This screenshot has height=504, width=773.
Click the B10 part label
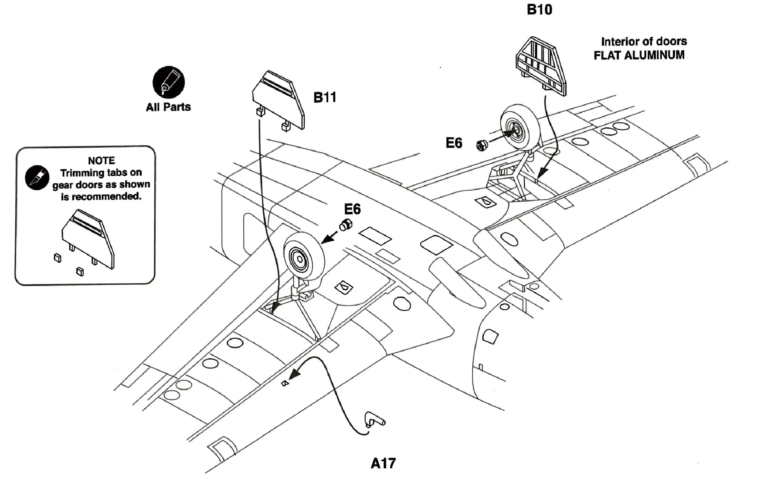[x=539, y=10]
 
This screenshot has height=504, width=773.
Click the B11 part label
[x=325, y=97]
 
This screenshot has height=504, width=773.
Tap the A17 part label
[x=383, y=463]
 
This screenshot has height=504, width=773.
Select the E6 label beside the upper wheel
[x=454, y=143]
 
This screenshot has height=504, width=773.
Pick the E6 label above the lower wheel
[x=352, y=209]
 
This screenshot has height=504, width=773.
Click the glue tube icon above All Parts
[x=168, y=82]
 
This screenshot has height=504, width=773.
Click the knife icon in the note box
[x=37, y=178]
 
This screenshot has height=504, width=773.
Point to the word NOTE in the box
[x=101, y=161]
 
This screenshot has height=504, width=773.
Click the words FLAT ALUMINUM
[x=639, y=55]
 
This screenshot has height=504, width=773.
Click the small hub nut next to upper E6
[x=482, y=145]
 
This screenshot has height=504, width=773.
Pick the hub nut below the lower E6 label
[x=346, y=225]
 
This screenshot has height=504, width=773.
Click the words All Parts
[x=168, y=107]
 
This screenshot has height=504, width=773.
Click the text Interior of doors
[x=644, y=41]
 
